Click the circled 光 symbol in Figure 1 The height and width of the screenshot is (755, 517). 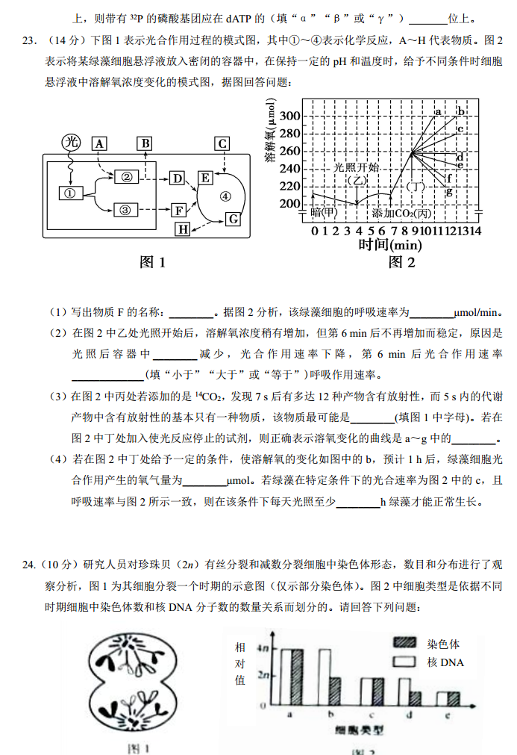pyautogui.click(x=71, y=142)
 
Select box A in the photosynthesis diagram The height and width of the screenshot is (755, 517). pyautogui.click(x=99, y=142)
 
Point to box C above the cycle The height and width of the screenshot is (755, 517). pyautogui.click(x=222, y=143)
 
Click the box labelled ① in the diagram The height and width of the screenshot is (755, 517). pyautogui.click(x=69, y=193)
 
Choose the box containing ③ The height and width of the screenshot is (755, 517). pyautogui.click(x=125, y=210)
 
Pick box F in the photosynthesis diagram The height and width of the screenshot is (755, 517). pyautogui.click(x=179, y=210)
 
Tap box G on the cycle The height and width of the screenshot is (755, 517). pyautogui.click(x=233, y=218)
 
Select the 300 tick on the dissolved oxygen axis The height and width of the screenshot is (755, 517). pyautogui.click(x=290, y=116)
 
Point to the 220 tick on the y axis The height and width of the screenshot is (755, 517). pyautogui.click(x=290, y=185)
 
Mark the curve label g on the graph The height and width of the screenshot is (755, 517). pyautogui.click(x=449, y=192)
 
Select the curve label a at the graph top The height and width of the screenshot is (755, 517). pyautogui.click(x=438, y=111)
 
